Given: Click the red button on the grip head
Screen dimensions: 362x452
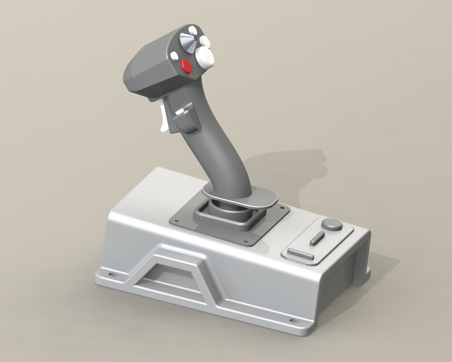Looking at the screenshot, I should [x=186, y=65].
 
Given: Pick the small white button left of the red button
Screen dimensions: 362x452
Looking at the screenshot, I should [x=174, y=55].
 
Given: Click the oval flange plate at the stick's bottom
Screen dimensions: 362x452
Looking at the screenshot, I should [x=241, y=198].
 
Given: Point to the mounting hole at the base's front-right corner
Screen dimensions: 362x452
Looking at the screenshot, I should [x=292, y=321].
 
